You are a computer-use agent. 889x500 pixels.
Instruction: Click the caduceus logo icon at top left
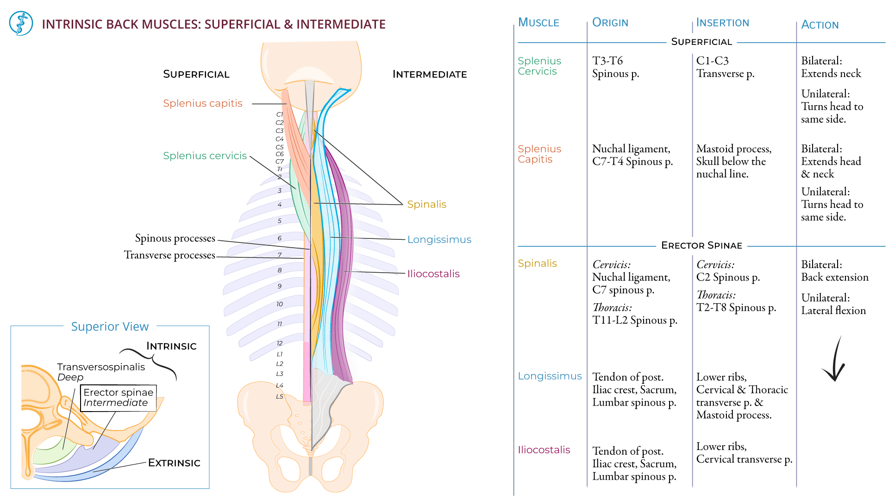point(21,24)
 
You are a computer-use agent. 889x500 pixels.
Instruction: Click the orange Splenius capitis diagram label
point(202,103)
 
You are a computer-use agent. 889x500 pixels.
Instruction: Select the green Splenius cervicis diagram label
point(205,156)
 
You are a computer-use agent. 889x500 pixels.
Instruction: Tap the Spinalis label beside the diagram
point(426,204)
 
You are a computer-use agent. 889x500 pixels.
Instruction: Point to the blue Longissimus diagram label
point(439,239)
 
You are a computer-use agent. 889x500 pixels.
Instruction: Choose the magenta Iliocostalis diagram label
point(433,274)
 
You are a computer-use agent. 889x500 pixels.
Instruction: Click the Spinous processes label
point(175,238)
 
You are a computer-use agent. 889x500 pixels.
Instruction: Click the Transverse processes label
point(169,255)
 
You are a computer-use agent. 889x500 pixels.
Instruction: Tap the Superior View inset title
point(110,326)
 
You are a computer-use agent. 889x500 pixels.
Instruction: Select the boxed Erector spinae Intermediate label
point(118,398)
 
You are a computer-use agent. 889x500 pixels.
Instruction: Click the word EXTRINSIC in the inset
point(174,462)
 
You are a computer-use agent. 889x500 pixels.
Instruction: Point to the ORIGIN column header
point(610,22)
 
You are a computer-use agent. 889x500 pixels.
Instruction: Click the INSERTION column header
point(722,22)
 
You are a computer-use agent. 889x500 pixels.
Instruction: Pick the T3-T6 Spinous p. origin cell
point(615,67)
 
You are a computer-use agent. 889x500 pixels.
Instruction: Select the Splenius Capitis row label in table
point(539,154)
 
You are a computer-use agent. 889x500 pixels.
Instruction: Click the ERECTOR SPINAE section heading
point(701,245)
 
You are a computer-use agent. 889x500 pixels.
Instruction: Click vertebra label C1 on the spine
point(279,114)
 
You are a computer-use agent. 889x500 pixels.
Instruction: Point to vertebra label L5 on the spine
point(279,397)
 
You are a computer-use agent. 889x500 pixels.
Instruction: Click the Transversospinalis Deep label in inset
point(100,372)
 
